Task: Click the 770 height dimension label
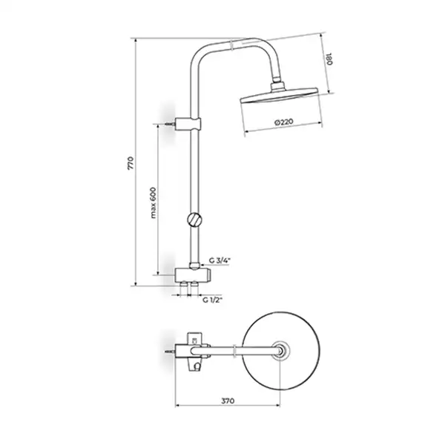tap(131, 163)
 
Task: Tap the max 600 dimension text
tap(153, 202)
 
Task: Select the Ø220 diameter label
tap(284, 122)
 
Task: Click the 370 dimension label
tap(228, 400)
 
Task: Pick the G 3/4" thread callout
tap(220, 260)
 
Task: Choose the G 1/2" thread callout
tap(212, 300)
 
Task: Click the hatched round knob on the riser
tap(194, 220)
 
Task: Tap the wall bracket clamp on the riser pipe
tap(188, 123)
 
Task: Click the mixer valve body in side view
tap(193, 274)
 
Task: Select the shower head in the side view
tap(279, 96)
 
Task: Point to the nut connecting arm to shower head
tap(277, 86)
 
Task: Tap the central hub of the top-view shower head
tap(280, 351)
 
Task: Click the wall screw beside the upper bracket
tap(170, 124)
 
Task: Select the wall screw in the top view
tap(169, 352)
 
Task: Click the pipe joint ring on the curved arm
tap(232, 45)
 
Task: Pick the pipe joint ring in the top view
tap(234, 351)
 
